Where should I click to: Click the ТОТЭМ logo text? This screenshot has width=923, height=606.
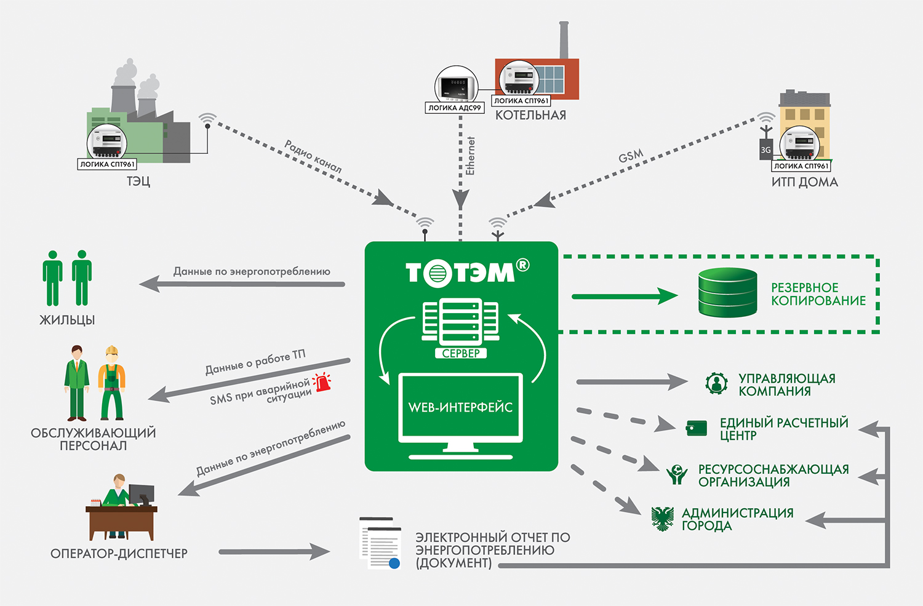468,273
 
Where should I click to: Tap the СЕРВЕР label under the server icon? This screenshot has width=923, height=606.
461,354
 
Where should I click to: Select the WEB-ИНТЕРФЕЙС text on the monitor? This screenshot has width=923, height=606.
460,407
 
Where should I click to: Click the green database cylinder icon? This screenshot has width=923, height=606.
728,292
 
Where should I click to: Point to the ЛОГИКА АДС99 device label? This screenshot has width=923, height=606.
455,108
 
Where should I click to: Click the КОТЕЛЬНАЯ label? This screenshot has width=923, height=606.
530,115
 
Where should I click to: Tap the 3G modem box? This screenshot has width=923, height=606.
765,149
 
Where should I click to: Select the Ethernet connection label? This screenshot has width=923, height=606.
470,156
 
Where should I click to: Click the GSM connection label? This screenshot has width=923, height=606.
631,156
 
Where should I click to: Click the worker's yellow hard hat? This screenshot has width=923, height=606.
111,350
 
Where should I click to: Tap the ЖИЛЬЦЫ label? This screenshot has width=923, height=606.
67,320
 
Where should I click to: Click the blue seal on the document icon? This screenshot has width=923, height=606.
394,563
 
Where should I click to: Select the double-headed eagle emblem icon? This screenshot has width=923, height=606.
663,519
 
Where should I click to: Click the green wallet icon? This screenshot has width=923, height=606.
697,428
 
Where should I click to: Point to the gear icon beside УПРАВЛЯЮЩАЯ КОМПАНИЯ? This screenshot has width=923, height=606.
717,383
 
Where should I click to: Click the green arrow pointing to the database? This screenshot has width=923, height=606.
625,296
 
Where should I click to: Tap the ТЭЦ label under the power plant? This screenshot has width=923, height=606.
138,181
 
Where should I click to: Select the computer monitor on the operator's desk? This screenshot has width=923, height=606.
142,494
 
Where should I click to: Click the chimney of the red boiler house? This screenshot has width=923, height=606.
564,40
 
